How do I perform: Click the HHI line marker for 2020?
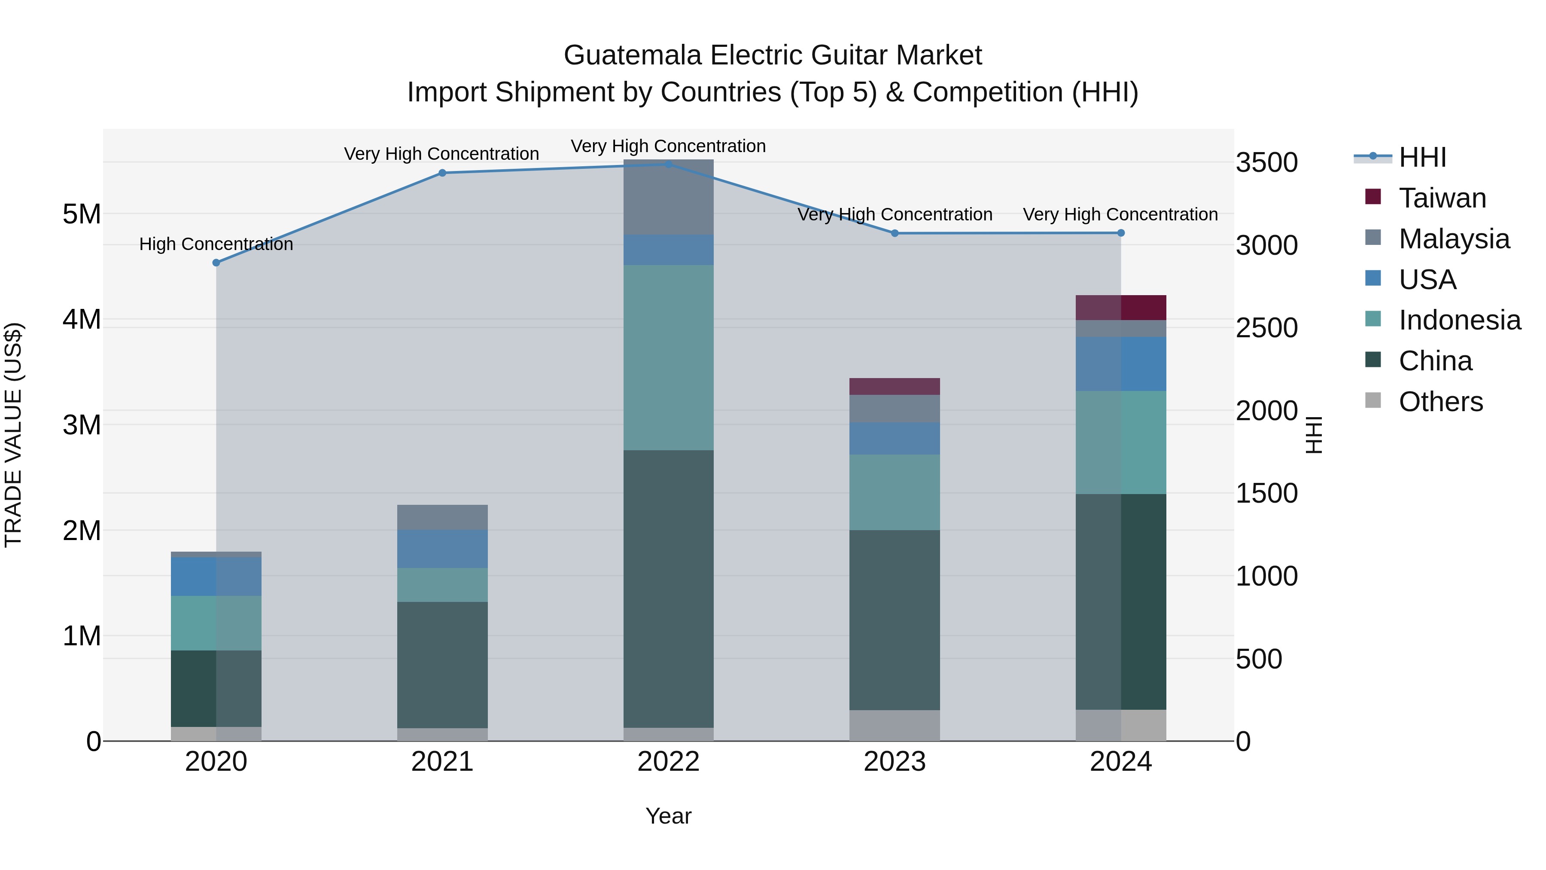pyautogui.click(x=216, y=263)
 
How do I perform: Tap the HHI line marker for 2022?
pyautogui.click(x=669, y=164)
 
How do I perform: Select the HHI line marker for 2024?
pyautogui.click(x=1120, y=233)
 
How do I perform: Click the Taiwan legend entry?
pyautogui.click(x=1442, y=198)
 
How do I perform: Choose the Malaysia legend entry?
pyautogui.click(x=1454, y=239)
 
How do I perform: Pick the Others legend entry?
pyautogui.click(x=1440, y=402)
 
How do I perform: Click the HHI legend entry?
pyautogui.click(x=1422, y=157)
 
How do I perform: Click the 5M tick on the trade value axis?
pyautogui.click(x=82, y=214)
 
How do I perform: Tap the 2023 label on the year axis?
pyautogui.click(x=894, y=762)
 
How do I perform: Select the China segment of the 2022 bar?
pyautogui.click(x=669, y=589)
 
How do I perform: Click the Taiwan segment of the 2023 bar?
pyautogui.click(x=894, y=386)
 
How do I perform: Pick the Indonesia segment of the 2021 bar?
pyautogui.click(x=442, y=585)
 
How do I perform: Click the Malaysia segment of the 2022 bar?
pyautogui.click(x=669, y=197)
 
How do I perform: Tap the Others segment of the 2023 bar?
pyautogui.click(x=894, y=725)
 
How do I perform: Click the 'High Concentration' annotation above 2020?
pyautogui.click(x=216, y=244)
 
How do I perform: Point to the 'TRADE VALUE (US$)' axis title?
pyautogui.click(x=13, y=435)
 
